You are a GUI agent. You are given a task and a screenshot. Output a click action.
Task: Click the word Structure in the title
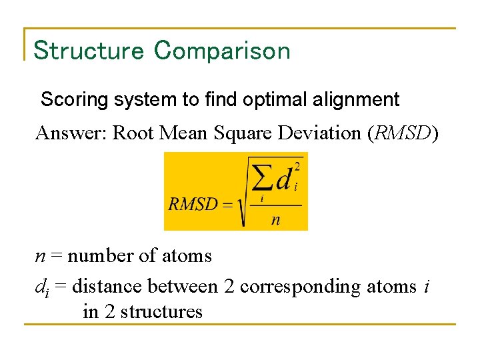point(88,51)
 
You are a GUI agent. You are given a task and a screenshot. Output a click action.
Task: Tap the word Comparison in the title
point(222,51)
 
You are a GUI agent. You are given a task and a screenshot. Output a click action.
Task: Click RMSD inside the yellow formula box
point(193,204)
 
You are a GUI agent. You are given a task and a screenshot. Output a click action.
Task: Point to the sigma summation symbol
point(262,179)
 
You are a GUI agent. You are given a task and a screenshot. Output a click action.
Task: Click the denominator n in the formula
point(275,219)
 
